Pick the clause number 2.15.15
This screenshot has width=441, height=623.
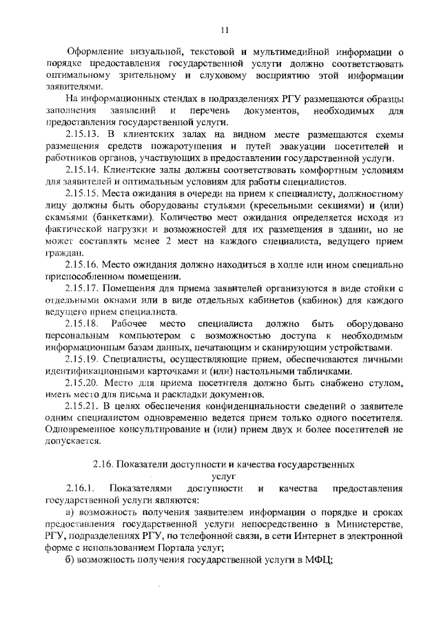[x=83, y=193]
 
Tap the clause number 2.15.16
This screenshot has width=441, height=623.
[x=83, y=264]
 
